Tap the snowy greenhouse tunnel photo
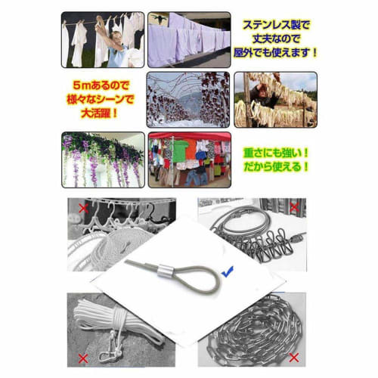coord(188,98)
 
